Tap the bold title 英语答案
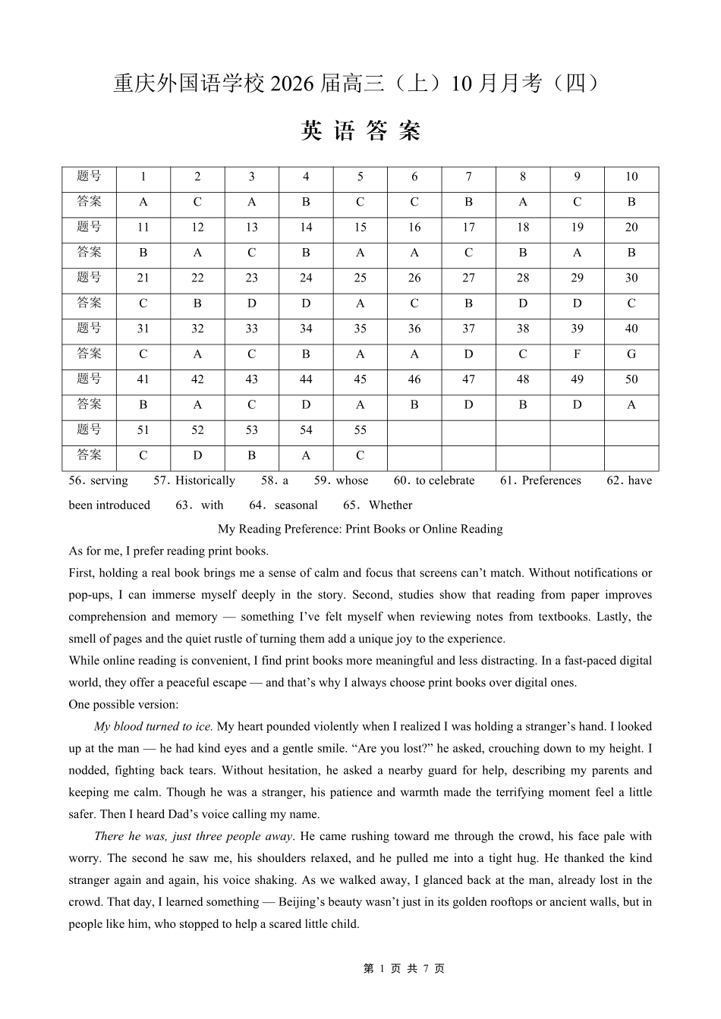(x=360, y=131)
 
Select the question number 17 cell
(x=468, y=228)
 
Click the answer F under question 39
(x=577, y=354)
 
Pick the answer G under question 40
(x=631, y=354)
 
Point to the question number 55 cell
(x=360, y=430)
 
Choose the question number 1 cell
(x=143, y=177)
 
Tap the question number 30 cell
(x=631, y=278)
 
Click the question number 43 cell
(x=252, y=379)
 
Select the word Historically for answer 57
(x=205, y=480)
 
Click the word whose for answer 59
(x=352, y=480)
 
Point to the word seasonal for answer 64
(x=296, y=505)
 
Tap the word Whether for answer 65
(x=390, y=505)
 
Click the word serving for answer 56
(x=109, y=480)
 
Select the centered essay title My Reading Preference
(x=360, y=529)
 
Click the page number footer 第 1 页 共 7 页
(x=405, y=968)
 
